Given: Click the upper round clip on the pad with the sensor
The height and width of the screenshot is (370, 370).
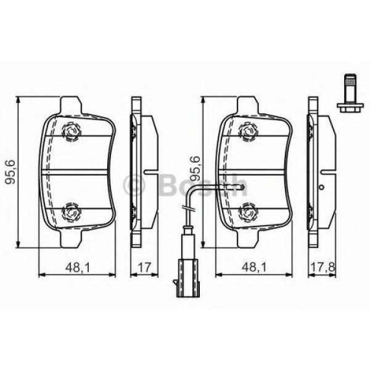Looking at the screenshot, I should (249, 130).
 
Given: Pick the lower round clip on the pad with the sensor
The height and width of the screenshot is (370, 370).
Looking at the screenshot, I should (249, 211).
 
